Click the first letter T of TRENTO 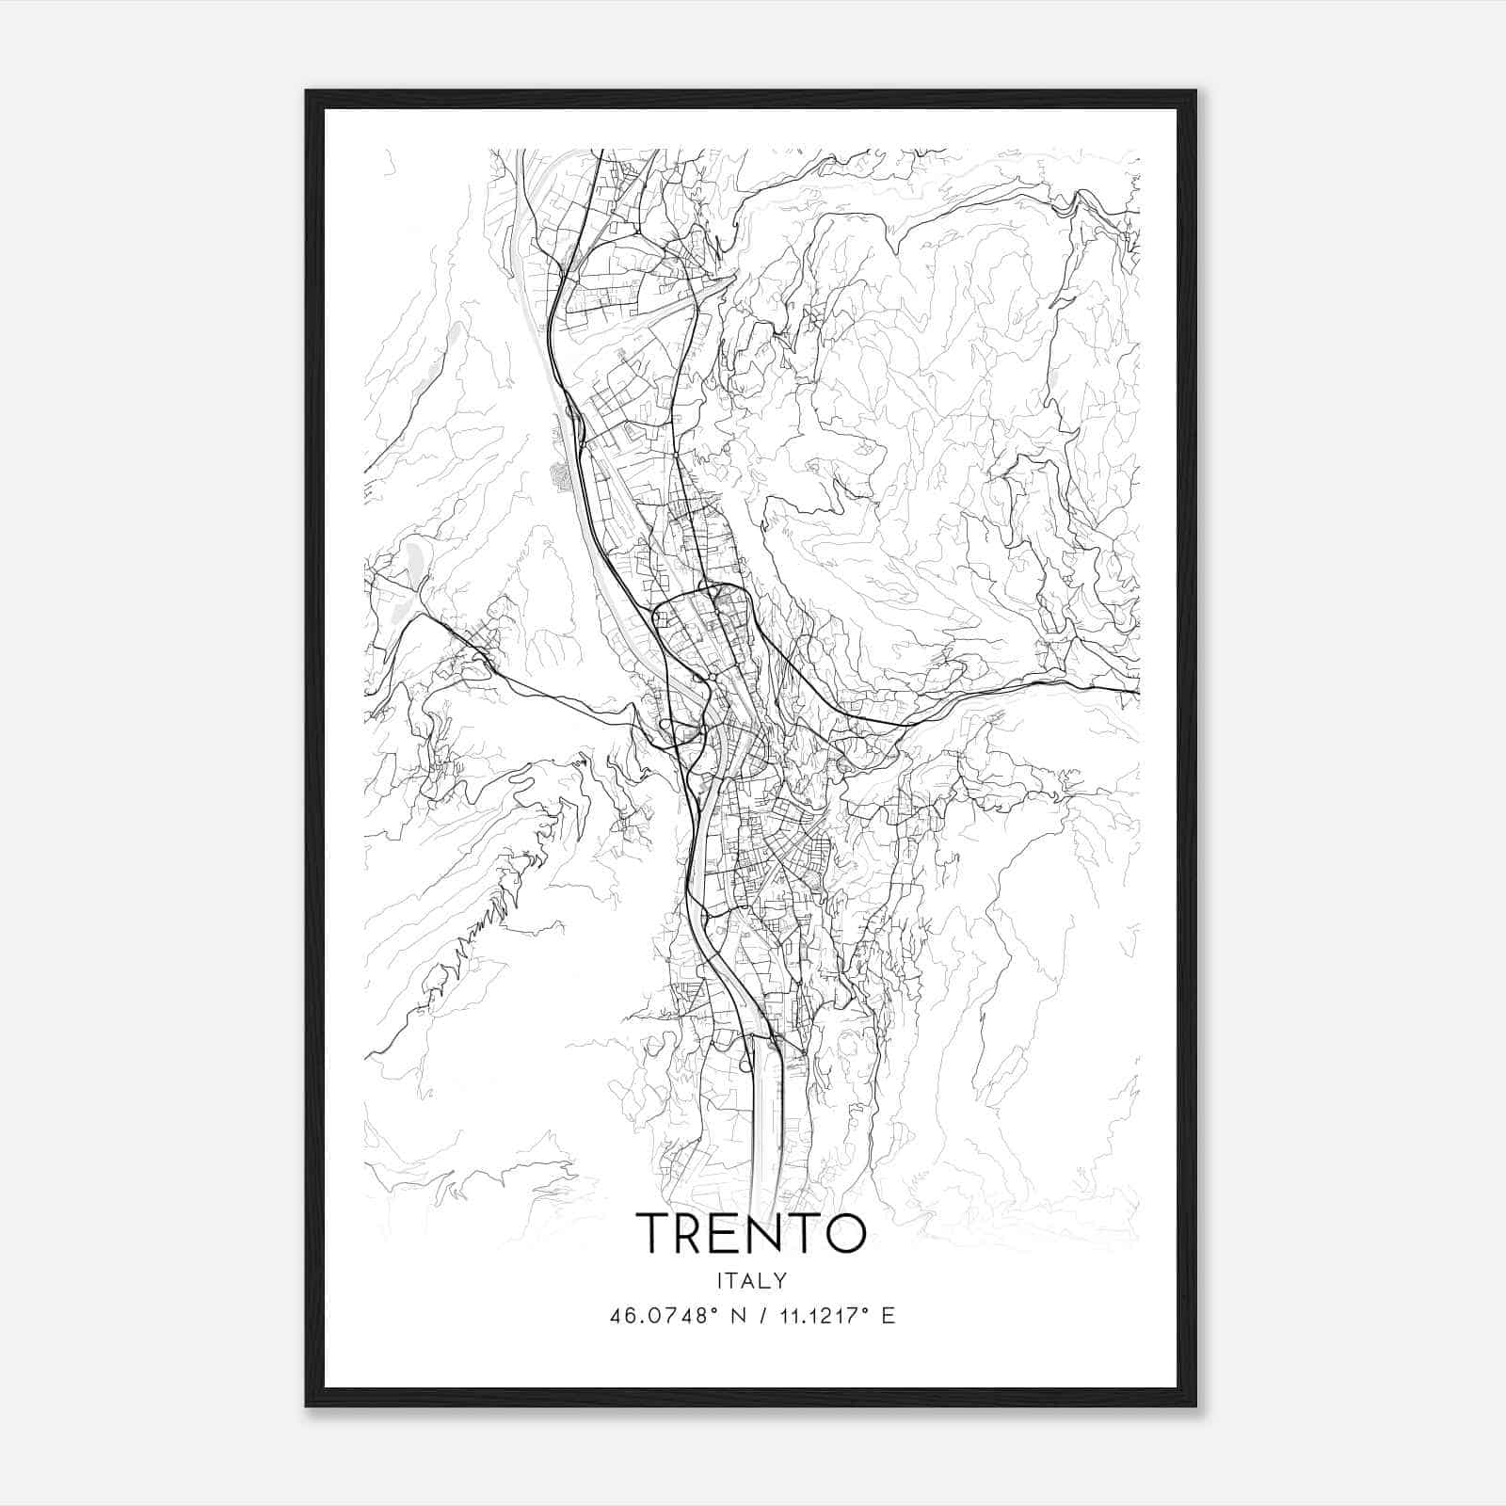[655, 1233]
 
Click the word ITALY [751, 1281]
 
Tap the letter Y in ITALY [780, 1281]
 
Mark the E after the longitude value [888, 1316]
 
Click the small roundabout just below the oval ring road [713, 677]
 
